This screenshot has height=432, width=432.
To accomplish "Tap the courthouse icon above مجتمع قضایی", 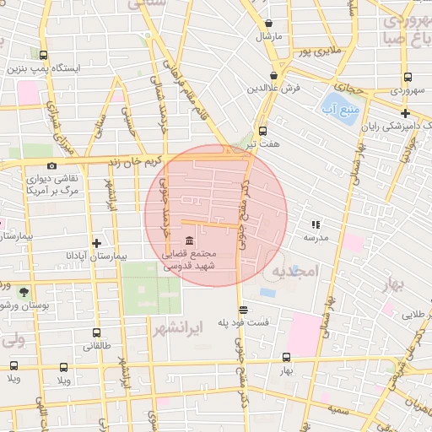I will pyautogui.click(x=187, y=240).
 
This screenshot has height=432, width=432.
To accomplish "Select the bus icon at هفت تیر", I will pyautogui.click(x=262, y=131).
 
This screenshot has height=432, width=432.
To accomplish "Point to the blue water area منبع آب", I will pyautogui.click(x=337, y=108).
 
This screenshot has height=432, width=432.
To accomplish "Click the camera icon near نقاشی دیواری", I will pyautogui.click(x=52, y=166).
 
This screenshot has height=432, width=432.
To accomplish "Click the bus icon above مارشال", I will pyautogui.click(x=269, y=24).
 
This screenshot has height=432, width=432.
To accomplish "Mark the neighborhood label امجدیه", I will pyautogui.click(x=293, y=271).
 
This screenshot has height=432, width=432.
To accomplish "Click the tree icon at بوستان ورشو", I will pyautogui.click(x=23, y=291).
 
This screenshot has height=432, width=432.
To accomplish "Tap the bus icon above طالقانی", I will pyautogui.click(x=97, y=332).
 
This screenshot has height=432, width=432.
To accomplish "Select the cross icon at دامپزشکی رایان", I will pyautogui.click(x=406, y=113).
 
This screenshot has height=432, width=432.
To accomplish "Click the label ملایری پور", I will pyautogui.click(x=316, y=52).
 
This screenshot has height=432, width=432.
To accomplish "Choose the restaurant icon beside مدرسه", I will pyautogui.click(x=315, y=224).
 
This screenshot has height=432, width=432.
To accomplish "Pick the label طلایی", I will pyautogui.click(x=412, y=314).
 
